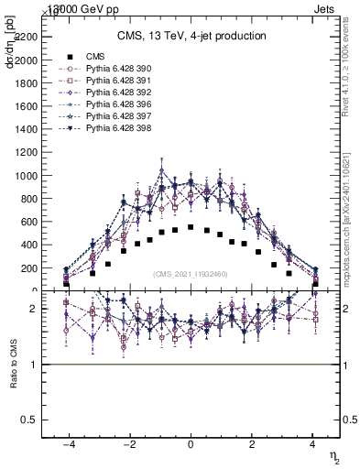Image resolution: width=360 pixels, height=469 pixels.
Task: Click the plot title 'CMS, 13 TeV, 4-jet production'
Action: coord(191,37)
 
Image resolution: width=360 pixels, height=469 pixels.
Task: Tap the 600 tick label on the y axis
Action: coord(28,222)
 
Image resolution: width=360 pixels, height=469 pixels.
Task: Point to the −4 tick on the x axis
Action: coord(68,442)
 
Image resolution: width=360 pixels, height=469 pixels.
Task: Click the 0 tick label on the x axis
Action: coord(191,442)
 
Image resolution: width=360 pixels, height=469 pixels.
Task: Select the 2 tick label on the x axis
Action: coord(252,442)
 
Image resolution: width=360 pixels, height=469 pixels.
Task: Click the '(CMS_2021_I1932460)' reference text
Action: coord(191,273)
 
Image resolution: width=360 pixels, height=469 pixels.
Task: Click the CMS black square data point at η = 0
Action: coord(191,227)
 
